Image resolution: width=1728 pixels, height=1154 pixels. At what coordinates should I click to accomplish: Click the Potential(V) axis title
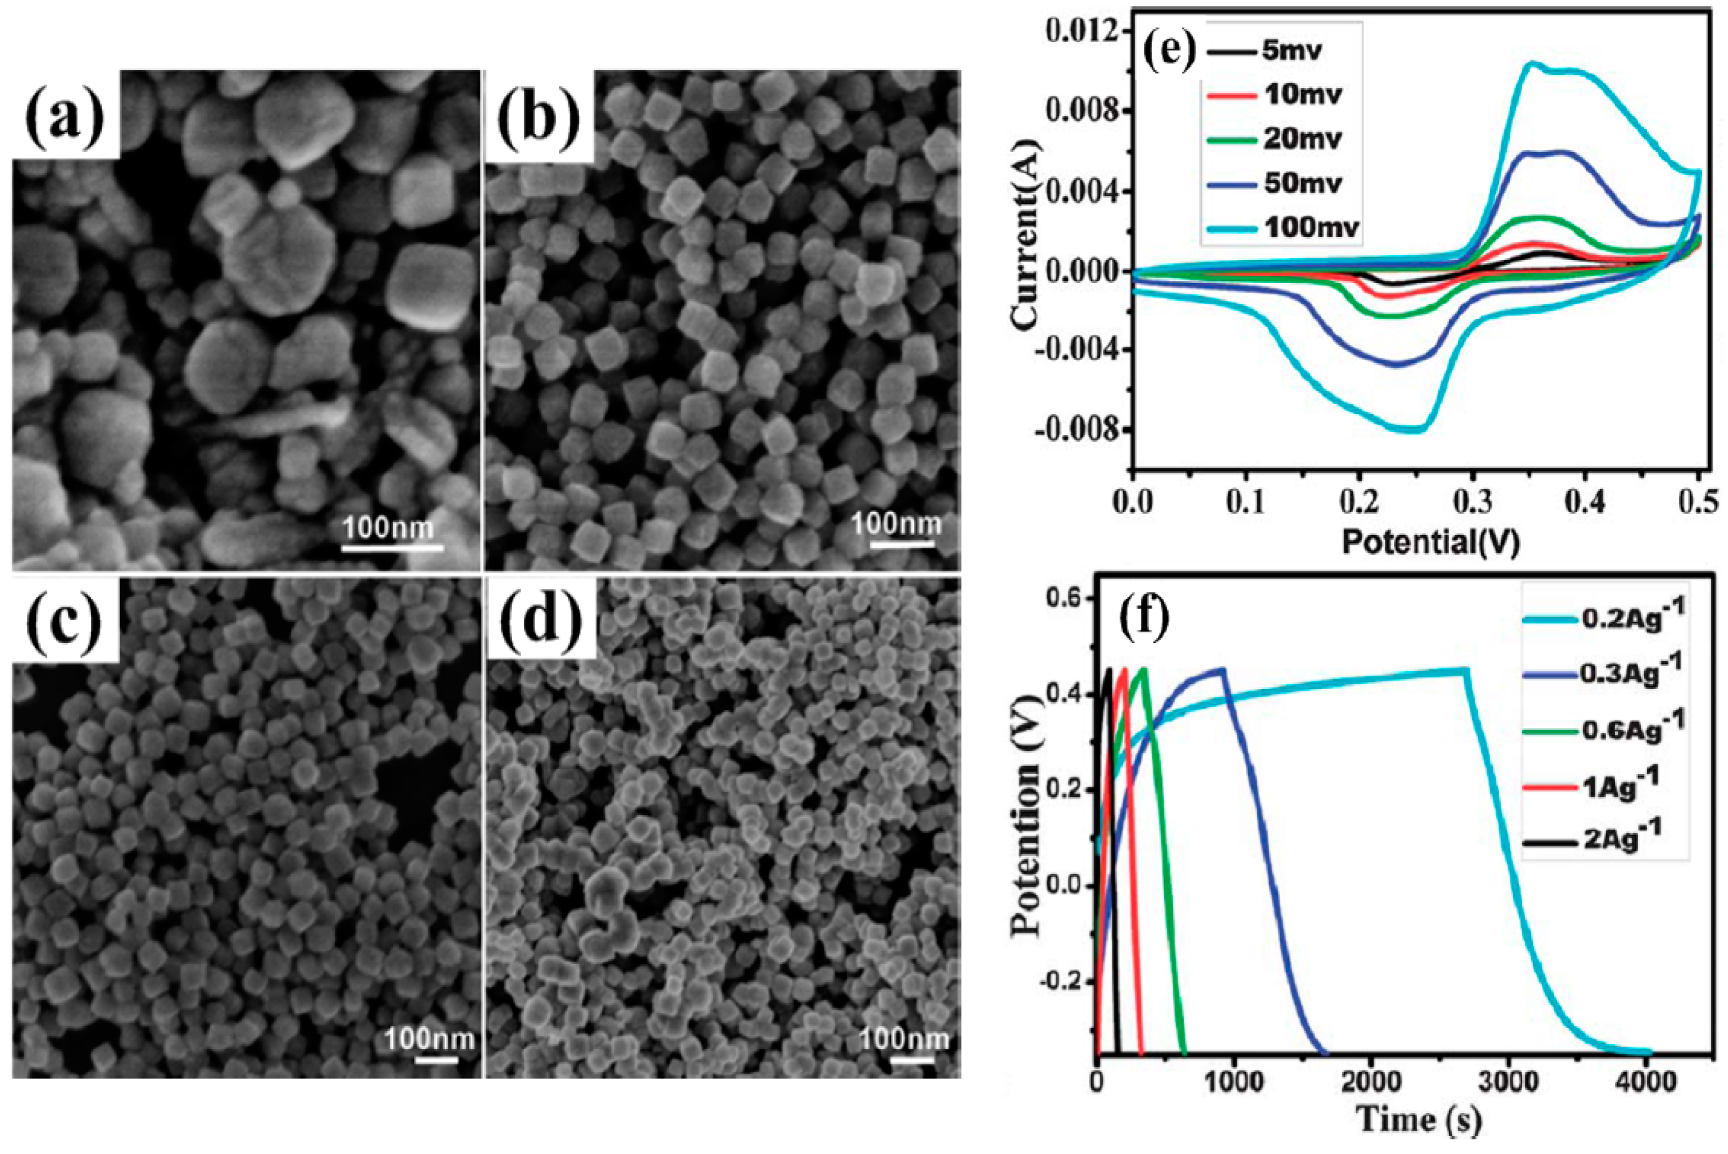click(1430, 542)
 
